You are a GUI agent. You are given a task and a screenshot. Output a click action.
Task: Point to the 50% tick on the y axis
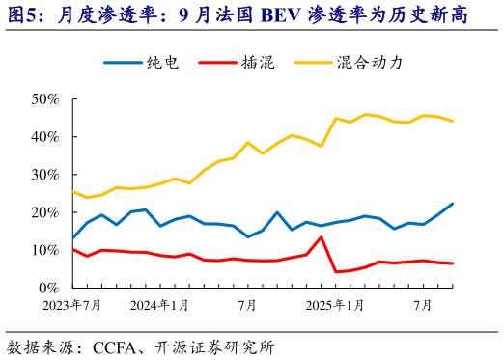coord(46,98)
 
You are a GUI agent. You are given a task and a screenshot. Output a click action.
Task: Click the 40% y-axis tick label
coord(46,136)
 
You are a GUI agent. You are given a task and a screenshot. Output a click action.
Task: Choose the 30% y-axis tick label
coord(46,174)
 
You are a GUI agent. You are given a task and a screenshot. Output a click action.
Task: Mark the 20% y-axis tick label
coord(46,211)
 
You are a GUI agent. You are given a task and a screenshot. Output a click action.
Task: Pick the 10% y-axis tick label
coord(46,249)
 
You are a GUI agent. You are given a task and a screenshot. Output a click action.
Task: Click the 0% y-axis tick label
coord(50,288)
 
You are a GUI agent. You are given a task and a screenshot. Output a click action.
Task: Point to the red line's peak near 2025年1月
coord(322,237)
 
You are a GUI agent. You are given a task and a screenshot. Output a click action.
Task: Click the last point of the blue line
coord(453,204)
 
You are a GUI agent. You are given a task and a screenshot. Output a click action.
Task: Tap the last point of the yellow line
coord(453,121)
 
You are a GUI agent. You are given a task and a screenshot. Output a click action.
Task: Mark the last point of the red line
coord(453,263)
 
